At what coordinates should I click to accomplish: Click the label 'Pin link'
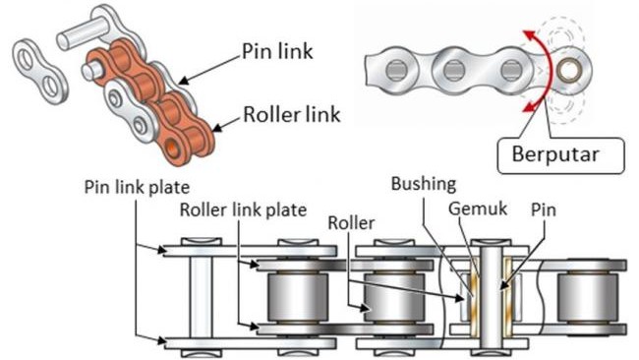(277, 51)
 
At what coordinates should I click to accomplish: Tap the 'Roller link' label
(291, 114)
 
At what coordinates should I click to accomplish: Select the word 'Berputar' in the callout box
(555, 154)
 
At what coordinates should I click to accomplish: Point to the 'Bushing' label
(424, 184)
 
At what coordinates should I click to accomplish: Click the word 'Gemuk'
(478, 209)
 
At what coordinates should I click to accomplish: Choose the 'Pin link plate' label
(137, 187)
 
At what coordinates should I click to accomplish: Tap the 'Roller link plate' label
(243, 210)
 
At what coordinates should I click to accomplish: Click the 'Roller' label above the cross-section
(351, 222)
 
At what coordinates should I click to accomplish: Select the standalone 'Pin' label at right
(544, 210)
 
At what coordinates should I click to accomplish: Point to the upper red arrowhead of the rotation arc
(530, 36)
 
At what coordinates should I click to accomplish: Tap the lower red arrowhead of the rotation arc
(529, 106)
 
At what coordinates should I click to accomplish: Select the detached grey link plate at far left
(39, 71)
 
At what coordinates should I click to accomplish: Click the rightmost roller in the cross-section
(588, 297)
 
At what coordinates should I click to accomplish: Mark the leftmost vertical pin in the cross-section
(202, 297)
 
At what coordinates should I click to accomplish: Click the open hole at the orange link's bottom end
(173, 148)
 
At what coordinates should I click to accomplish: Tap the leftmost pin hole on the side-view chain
(396, 70)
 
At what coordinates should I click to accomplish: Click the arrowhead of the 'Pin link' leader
(185, 80)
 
